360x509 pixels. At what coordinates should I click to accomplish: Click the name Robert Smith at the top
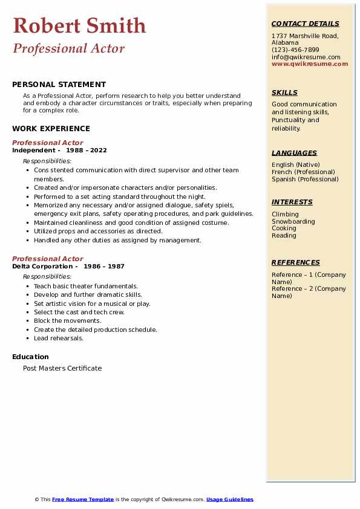pyautogui.click(x=79, y=25)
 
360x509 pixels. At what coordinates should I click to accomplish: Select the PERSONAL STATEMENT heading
pyautogui.click(x=59, y=85)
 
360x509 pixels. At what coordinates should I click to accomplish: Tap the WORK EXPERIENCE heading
pyautogui.click(x=51, y=128)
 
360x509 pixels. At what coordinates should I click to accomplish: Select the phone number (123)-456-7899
pyautogui.click(x=295, y=50)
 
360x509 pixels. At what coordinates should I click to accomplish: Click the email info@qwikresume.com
pyautogui.click(x=306, y=57)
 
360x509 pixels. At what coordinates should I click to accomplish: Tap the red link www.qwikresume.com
pyautogui.click(x=310, y=63)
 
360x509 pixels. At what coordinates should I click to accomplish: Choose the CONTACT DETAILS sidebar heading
pyautogui.click(x=305, y=24)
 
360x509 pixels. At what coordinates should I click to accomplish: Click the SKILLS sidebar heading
pyautogui.click(x=284, y=92)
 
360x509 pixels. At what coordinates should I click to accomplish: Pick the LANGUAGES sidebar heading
pyautogui.click(x=294, y=153)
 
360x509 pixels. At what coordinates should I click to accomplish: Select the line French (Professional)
pyautogui.click(x=303, y=172)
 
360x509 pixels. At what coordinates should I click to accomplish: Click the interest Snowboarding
pyautogui.click(x=293, y=221)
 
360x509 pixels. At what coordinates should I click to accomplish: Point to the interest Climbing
pyautogui.click(x=285, y=214)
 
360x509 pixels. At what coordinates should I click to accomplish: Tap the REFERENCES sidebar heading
pyautogui.click(x=295, y=262)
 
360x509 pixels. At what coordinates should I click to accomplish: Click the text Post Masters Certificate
pyautogui.click(x=62, y=368)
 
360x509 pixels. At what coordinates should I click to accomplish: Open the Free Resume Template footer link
pyautogui.click(x=83, y=499)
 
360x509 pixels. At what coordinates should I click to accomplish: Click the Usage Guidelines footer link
pyautogui.click(x=229, y=499)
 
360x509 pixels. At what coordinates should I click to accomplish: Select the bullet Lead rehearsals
pyautogui.click(x=59, y=338)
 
